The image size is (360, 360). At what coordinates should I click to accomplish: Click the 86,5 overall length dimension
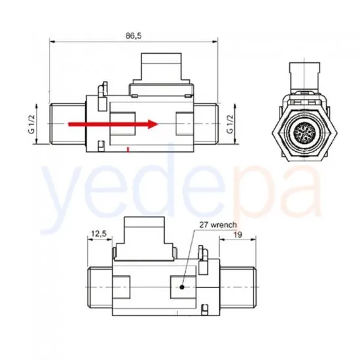pos(134,36)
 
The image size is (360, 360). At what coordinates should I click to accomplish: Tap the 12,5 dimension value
pos(99,234)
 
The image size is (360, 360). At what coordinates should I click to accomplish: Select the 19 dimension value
pos(238,234)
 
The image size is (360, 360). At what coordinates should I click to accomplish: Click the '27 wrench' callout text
pos(218,225)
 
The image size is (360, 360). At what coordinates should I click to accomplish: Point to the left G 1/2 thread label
pos(32,124)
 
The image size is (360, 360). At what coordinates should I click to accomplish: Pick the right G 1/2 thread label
pos(230,124)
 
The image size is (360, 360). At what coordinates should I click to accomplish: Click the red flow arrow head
pos(153,124)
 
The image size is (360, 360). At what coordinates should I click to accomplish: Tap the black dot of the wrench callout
pos(182,287)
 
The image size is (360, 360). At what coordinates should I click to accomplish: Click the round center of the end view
pos(304,133)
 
